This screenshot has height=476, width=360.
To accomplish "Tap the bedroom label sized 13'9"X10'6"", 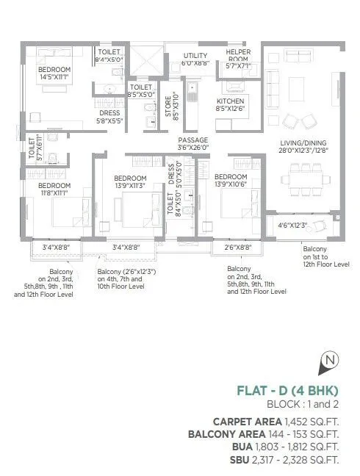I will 230,179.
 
